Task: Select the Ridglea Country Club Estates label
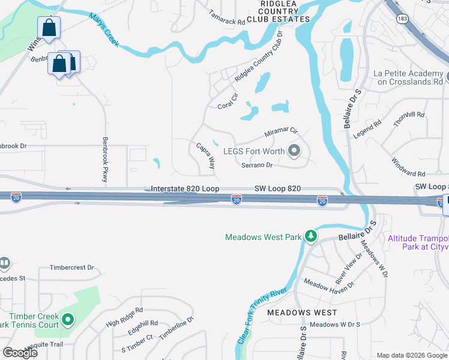(276, 12)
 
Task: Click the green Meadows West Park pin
(311, 236)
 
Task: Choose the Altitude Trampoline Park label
(418, 242)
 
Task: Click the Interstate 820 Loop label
(184, 188)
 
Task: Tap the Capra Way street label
(205, 155)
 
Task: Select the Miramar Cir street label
(282, 131)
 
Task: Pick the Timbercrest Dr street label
(72, 268)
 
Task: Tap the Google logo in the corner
(20, 353)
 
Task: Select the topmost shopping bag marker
(49, 28)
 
